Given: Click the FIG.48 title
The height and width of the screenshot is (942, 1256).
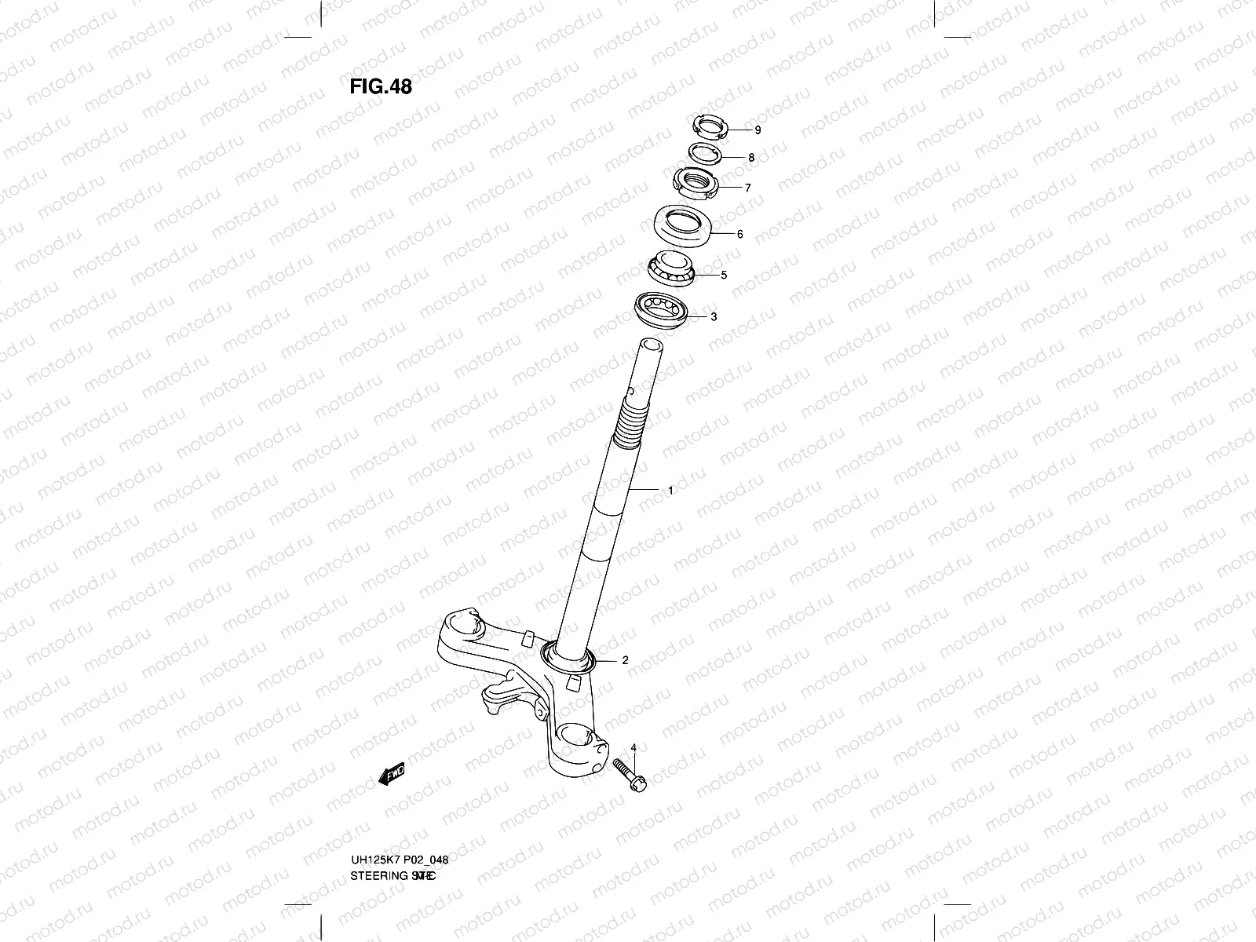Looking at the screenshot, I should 381,86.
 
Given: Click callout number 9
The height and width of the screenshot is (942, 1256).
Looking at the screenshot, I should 758,130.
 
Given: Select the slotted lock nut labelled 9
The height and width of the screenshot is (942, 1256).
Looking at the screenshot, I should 710,126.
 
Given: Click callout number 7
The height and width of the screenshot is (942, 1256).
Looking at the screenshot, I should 747,188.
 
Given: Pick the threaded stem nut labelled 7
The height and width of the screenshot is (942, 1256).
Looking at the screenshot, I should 696,184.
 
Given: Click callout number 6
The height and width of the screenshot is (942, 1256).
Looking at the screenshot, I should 739,234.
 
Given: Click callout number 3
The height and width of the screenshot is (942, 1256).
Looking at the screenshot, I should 713,317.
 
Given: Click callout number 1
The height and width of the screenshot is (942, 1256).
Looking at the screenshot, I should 670,491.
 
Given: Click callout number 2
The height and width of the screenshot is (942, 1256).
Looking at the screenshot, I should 625,661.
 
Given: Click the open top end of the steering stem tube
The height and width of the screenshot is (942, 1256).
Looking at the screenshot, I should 652,345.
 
